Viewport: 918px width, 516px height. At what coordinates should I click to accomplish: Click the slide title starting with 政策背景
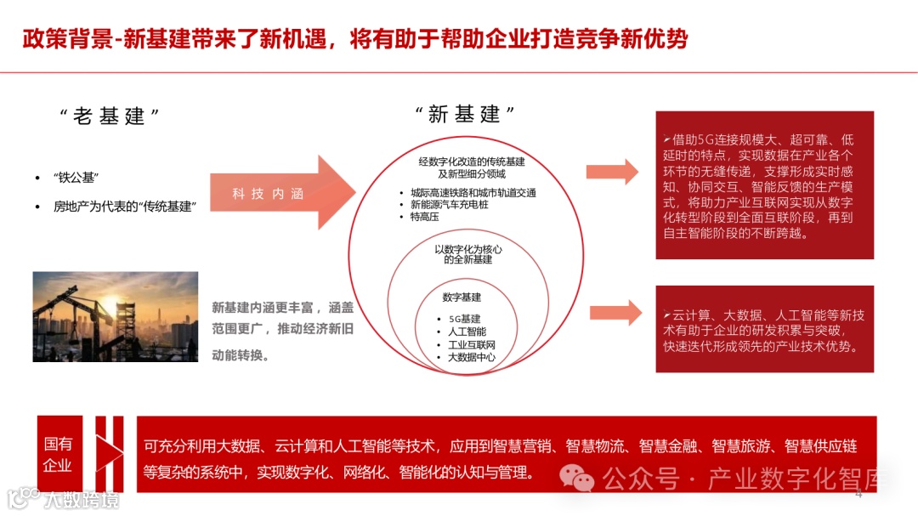point(354,39)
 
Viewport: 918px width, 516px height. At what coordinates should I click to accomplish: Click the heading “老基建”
point(110,116)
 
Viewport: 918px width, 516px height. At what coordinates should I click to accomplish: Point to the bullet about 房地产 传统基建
point(125,206)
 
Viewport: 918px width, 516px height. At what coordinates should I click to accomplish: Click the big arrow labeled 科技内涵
point(280,193)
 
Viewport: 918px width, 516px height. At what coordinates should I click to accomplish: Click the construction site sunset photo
point(115,316)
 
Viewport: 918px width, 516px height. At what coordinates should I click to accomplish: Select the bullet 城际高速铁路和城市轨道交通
point(473,193)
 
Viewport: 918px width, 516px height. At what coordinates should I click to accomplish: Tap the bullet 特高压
point(424,217)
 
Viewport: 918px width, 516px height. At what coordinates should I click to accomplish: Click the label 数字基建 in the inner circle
point(462,298)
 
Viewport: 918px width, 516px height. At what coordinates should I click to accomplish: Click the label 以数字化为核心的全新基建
point(467,254)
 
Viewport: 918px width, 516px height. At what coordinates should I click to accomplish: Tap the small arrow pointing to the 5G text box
point(612,171)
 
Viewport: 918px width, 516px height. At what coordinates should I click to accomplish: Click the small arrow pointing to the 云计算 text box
point(615,312)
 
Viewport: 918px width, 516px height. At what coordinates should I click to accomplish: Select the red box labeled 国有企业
point(59,454)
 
